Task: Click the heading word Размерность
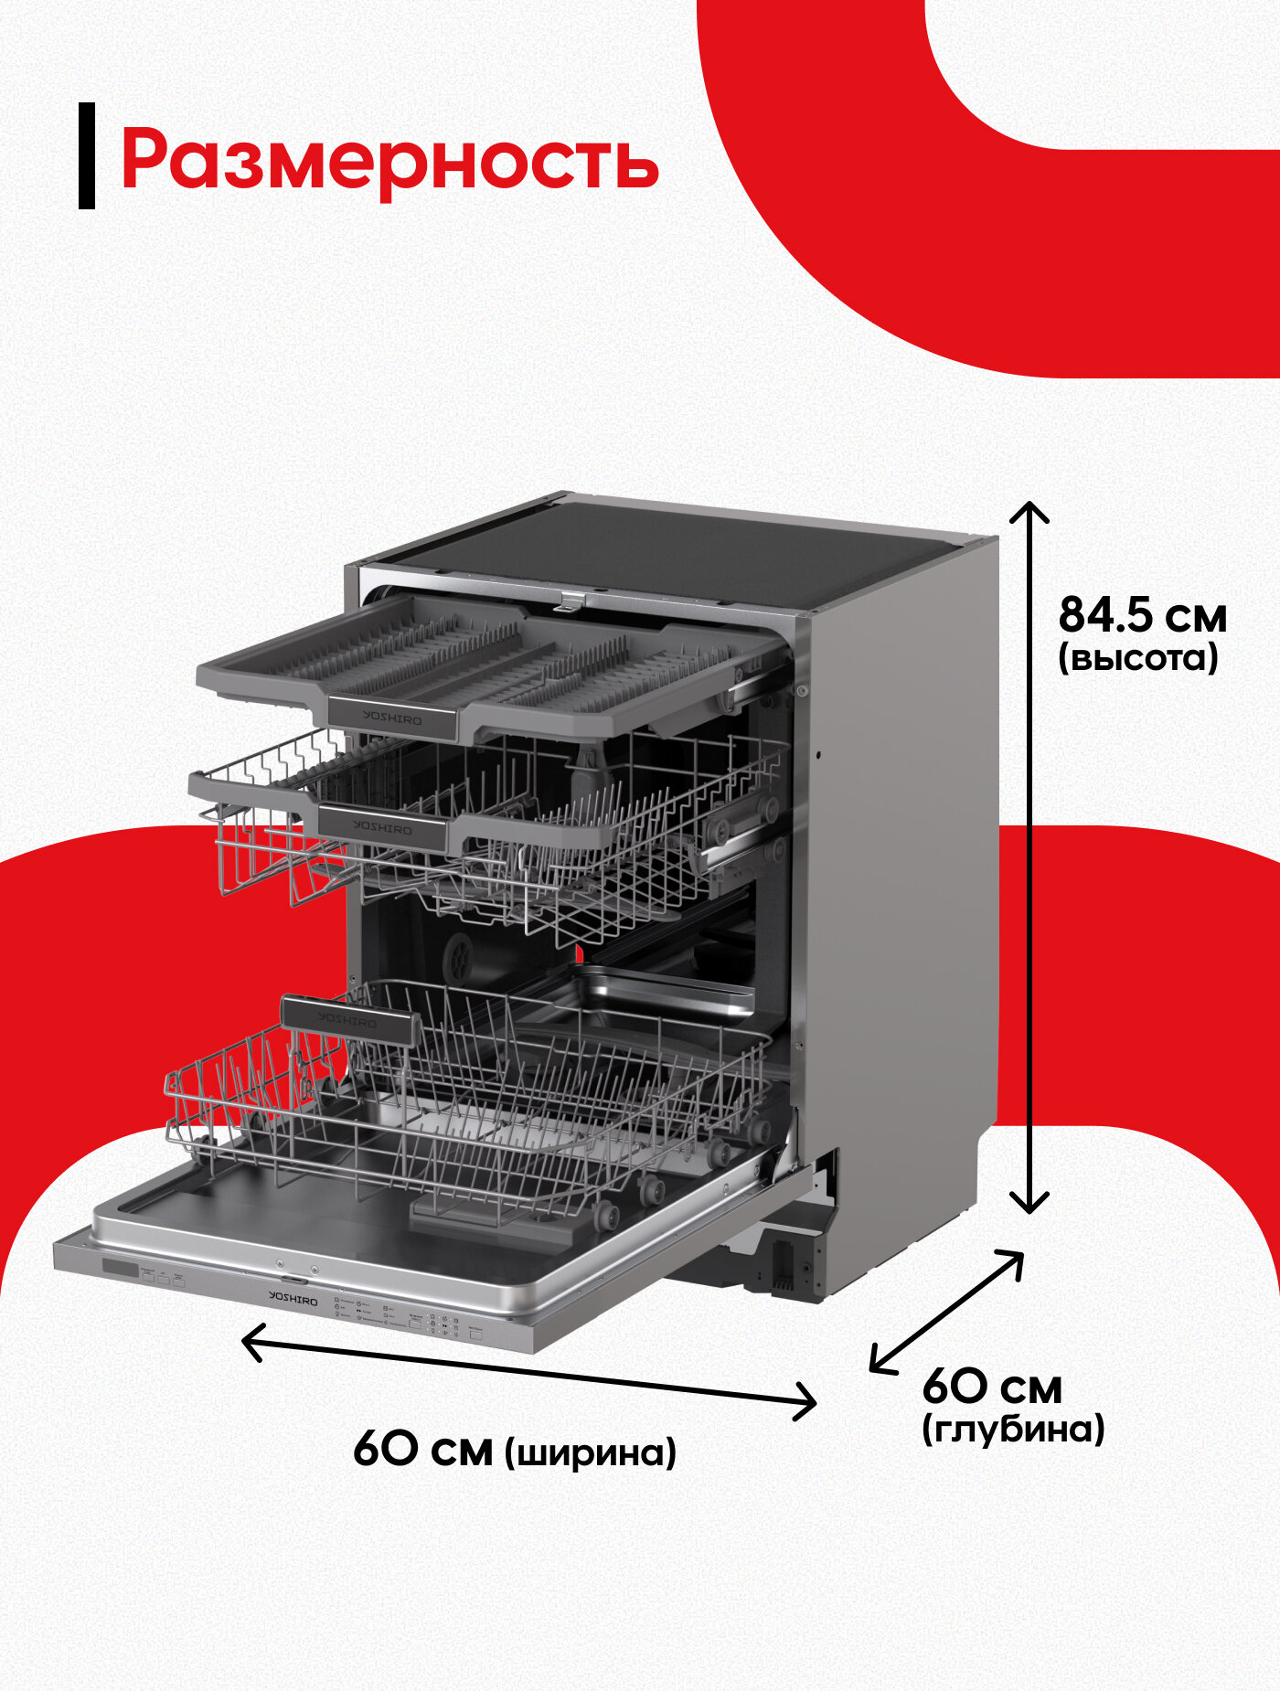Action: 389,161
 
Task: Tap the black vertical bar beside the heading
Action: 87,155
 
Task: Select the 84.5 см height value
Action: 1142,615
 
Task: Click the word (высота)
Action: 1138,658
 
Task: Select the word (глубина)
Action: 1013,1429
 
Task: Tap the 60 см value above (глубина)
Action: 992,1388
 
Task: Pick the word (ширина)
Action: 591,1452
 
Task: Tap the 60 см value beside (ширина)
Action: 422,1449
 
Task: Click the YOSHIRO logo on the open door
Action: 293,1298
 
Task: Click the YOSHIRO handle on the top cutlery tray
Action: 391,718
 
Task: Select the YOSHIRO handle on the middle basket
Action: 383,827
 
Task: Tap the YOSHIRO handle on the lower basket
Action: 348,1019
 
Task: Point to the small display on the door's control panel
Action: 120,1269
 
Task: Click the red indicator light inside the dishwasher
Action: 579,953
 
